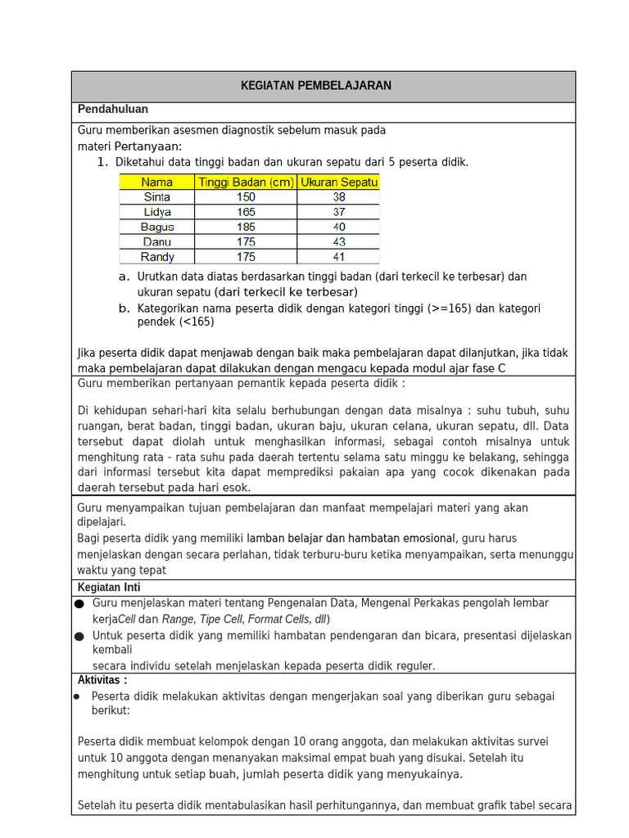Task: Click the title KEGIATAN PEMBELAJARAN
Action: coord(315,86)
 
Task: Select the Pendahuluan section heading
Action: coord(113,110)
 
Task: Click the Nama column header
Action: coord(157,182)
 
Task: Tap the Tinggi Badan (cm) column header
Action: coord(245,182)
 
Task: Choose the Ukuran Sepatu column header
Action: coord(338,182)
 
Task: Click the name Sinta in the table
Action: coord(157,197)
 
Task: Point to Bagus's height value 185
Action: coord(245,227)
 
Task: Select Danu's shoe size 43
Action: coord(338,241)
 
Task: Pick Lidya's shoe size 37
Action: coord(338,212)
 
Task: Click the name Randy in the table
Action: coord(157,257)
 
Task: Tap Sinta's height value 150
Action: coord(245,197)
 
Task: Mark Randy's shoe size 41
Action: coord(338,257)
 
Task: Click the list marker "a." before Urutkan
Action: coord(124,277)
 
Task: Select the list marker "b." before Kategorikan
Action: coord(124,309)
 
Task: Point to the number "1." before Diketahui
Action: coord(102,162)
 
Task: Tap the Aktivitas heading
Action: coord(102,680)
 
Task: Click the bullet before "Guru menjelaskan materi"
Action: coord(79,604)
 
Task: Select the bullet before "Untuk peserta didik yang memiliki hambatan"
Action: coord(79,636)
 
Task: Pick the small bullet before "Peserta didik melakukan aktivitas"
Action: coord(77,696)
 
